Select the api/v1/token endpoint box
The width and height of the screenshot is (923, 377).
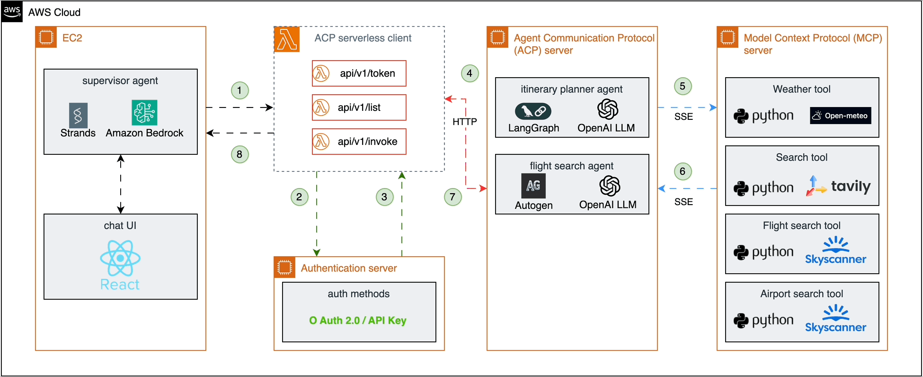coord(359,73)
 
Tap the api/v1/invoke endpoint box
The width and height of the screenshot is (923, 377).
coord(359,142)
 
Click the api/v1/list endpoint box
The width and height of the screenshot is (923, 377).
coord(359,108)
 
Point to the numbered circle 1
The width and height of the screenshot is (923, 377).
coord(240,90)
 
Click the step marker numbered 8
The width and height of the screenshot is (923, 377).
coord(240,154)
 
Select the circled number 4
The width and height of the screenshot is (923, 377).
coord(470,73)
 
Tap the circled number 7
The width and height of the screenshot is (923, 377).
coord(453,197)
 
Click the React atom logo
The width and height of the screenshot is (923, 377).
coord(120,258)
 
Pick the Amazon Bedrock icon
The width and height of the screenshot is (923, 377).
coord(144,113)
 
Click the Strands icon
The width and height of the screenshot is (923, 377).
coord(78,115)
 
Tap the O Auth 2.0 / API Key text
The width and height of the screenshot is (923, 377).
coord(358,321)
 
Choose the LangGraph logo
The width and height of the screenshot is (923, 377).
coord(533,111)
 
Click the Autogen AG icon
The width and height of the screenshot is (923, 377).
coord(533,186)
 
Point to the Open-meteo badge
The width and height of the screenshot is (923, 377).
coord(840,116)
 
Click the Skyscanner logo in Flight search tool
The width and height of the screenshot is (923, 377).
coord(835,251)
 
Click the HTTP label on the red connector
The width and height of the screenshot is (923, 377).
coord(465,122)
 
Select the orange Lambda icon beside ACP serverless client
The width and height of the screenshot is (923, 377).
coord(287,39)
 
